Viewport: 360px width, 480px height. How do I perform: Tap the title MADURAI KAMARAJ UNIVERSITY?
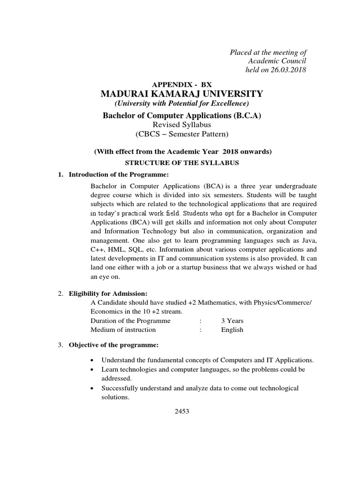coord(182,94)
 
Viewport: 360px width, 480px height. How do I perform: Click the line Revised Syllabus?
coord(181,124)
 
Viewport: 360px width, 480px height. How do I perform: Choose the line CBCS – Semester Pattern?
coord(181,134)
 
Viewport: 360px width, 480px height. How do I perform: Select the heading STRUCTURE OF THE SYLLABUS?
coord(181,163)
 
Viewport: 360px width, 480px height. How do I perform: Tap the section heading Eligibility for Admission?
coord(108,294)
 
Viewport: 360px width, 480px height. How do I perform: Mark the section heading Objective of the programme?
coord(114,345)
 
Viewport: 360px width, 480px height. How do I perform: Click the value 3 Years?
coord(232,321)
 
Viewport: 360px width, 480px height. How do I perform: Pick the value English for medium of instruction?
coord(232,330)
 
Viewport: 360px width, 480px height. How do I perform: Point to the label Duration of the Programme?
coord(130,321)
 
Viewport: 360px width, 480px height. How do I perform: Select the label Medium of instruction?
coord(123,330)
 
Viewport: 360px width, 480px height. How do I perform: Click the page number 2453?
coord(182,411)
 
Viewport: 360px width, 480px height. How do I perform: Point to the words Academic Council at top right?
coord(277,61)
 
